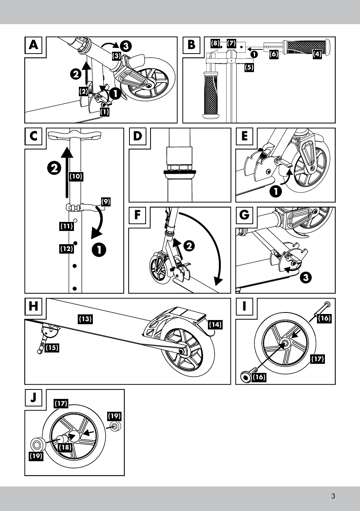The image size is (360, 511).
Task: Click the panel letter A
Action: tap(34, 45)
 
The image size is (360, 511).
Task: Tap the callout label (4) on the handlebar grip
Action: tap(317, 54)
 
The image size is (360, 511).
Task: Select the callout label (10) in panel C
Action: tap(76, 176)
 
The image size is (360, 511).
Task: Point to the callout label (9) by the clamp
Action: tap(106, 202)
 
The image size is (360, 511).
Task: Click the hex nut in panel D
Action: tap(180, 167)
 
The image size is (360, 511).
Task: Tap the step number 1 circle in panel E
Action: tap(276, 191)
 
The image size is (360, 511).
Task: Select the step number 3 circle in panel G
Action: tap(306, 278)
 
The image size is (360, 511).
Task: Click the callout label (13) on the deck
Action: tap(85, 319)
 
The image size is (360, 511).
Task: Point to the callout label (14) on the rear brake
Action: tap(215, 324)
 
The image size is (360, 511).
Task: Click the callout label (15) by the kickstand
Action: tap(52, 348)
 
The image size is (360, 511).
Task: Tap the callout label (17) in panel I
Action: tap(317, 359)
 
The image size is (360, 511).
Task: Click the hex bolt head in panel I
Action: tap(245, 377)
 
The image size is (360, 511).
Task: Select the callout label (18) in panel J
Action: tap(65, 447)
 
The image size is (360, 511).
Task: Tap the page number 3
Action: tap(333, 496)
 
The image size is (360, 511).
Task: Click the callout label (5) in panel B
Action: tap(249, 68)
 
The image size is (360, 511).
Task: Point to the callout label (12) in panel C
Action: tap(66, 249)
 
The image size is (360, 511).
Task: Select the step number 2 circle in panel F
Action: tap(189, 246)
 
